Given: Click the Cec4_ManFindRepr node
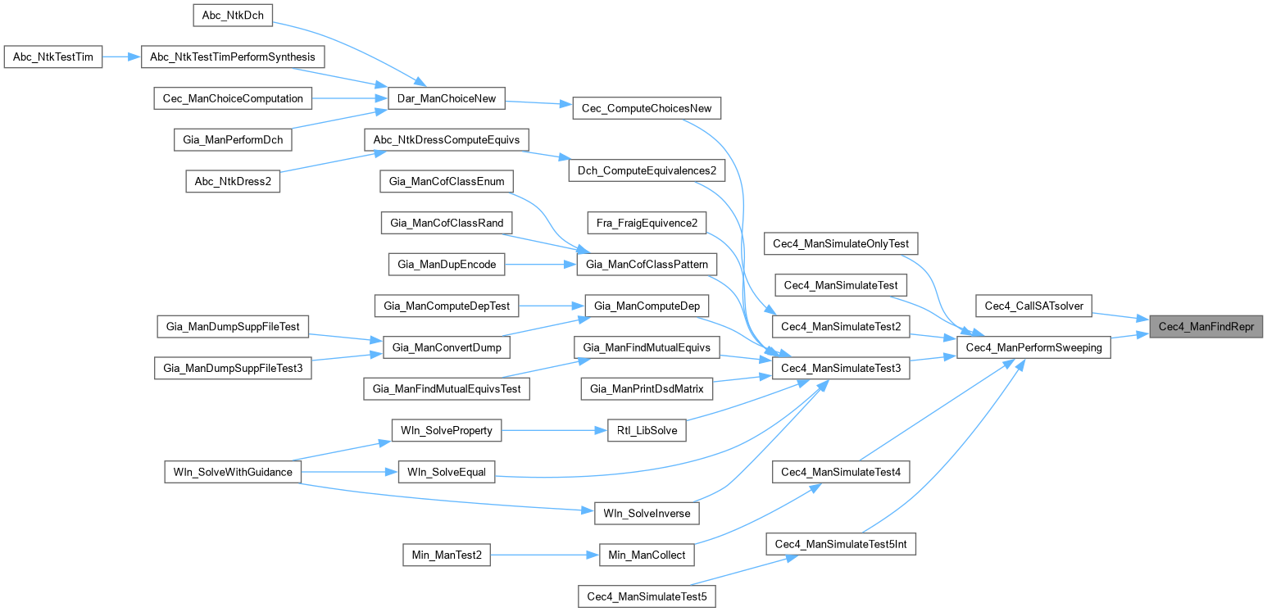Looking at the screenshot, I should click(x=1206, y=326).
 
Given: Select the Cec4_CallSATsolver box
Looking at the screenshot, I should click(x=1034, y=306).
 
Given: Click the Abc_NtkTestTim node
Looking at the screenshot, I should click(x=53, y=57).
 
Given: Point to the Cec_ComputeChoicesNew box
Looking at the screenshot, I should click(x=647, y=108).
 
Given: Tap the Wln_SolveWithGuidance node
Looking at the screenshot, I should click(x=233, y=472).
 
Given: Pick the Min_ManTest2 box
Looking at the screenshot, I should click(x=446, y=555).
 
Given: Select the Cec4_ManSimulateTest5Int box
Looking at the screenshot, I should click(x=841, y=544).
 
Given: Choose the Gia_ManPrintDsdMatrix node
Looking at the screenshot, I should click(x=647, y=388).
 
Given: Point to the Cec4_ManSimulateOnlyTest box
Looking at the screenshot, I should click(x=841, y=243).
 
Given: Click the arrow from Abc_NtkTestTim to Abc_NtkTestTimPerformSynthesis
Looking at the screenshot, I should click(x=122, y=57).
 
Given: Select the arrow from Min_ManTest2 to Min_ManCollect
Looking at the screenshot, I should click(x=545, y=555).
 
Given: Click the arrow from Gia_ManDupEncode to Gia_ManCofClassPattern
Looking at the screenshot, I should click(x=542, y=264).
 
